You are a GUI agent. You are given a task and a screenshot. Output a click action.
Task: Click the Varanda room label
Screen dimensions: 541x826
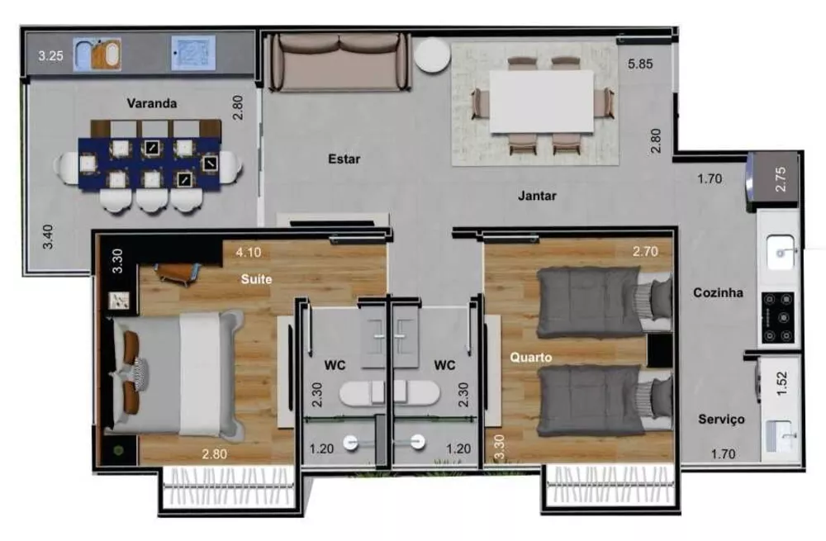point(152,104)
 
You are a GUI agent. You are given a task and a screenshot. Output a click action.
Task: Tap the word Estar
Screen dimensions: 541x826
point(344,159)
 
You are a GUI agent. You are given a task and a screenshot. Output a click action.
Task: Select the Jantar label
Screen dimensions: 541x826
point(537,197)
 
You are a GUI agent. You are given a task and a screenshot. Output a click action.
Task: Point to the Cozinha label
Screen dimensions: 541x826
point(717,292)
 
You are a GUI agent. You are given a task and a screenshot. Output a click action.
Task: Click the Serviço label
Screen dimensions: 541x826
point(720,420)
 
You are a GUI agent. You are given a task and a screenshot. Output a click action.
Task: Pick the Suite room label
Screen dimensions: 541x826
point(256,279)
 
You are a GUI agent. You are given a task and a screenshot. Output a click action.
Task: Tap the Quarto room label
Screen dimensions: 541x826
point(530,358)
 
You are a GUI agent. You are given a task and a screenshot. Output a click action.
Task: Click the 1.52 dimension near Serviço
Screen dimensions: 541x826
point(781,384)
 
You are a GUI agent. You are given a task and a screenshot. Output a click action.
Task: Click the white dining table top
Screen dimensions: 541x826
point(541,101)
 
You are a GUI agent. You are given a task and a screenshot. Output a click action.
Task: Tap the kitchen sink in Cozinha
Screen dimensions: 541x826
point(779,252)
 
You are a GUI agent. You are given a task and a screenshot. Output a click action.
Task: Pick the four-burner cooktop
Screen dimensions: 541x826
point(779,318)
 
